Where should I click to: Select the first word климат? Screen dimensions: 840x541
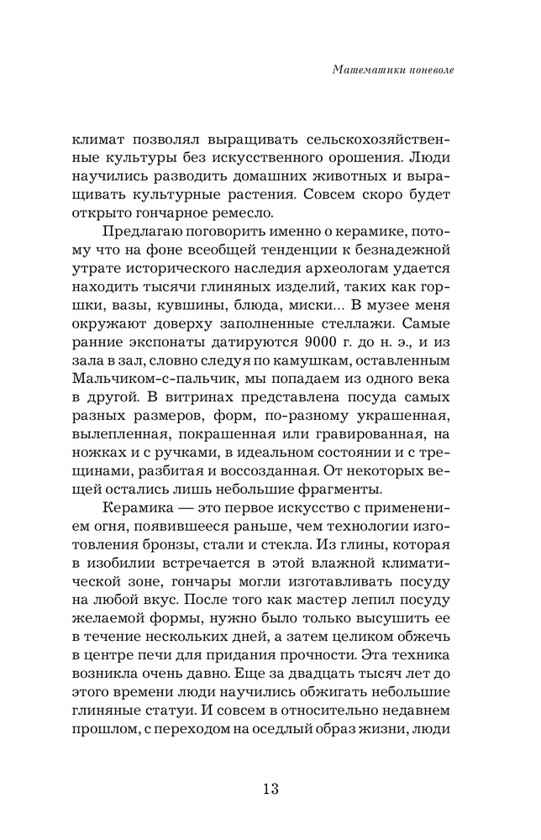tap(97, 137)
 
